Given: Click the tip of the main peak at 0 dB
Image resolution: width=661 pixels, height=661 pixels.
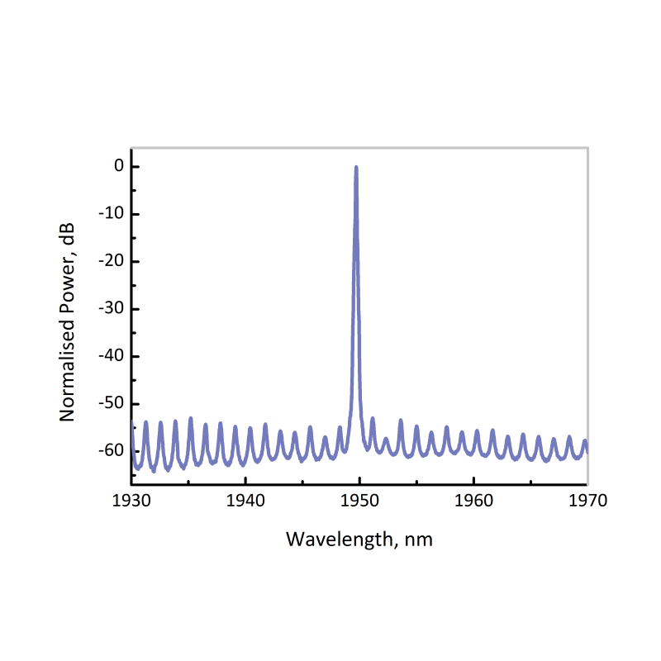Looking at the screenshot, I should coord(356,167).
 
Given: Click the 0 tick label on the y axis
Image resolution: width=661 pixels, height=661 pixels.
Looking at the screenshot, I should coord(119,167).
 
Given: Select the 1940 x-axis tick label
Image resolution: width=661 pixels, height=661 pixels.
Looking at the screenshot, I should coord(245,501).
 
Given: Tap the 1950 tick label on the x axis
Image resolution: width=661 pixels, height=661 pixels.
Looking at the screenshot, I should coord(359,501).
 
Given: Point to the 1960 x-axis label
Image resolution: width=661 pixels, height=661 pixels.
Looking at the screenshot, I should coord(474,501).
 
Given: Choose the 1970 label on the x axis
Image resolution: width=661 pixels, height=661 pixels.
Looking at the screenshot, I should coord(587,501).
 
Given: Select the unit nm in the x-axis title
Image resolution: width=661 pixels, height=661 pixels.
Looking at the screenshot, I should coord(420,540).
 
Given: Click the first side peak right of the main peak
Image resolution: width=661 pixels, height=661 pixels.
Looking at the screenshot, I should coord(373,418).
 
